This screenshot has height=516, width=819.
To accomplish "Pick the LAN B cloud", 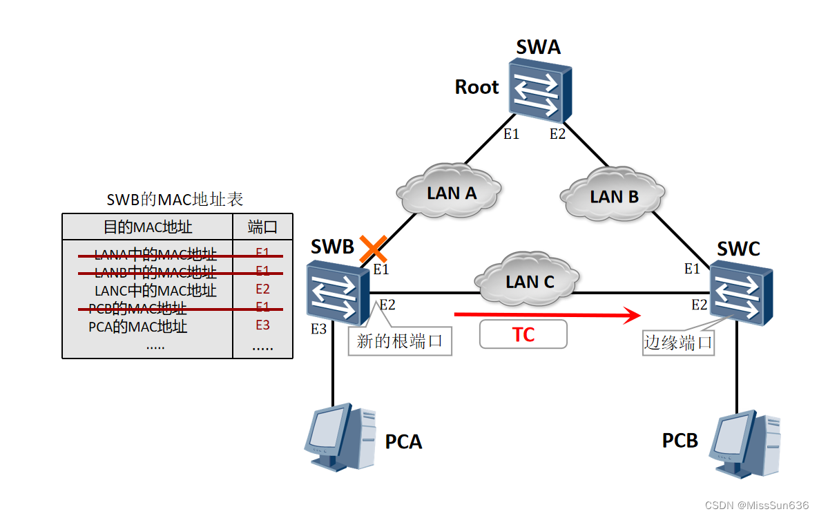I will (613, 196).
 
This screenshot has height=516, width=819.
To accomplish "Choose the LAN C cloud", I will (529, 280).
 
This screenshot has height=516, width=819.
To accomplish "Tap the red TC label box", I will (523, 334).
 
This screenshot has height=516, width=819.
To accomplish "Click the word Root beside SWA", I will (476, 88).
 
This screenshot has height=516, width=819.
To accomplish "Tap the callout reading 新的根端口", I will (399, 341).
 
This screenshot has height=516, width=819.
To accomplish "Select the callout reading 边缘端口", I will (678, 343).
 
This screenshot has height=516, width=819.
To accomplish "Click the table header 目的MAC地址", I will (148, 227).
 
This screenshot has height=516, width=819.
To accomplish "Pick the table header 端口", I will (262, 227).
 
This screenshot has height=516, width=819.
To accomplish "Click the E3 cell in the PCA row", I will (262, 325).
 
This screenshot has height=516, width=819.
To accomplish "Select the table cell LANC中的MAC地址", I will (155, 290).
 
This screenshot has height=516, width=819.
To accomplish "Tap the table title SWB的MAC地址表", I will (175, 200).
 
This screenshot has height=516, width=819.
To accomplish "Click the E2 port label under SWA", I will (557, 134).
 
